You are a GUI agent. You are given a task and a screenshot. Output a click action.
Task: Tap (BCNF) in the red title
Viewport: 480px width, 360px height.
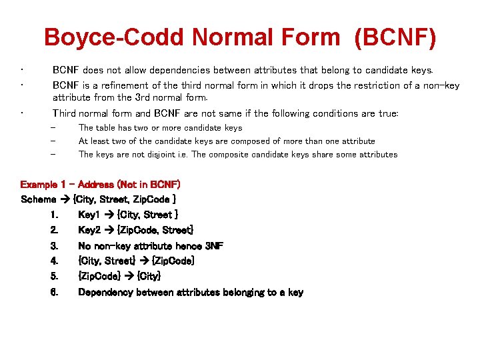tap(396, 38)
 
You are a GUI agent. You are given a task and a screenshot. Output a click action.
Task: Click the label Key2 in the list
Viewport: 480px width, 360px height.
tap(90, 230)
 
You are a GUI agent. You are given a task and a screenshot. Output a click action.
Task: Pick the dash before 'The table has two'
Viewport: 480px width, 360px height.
tap(54, 128)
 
